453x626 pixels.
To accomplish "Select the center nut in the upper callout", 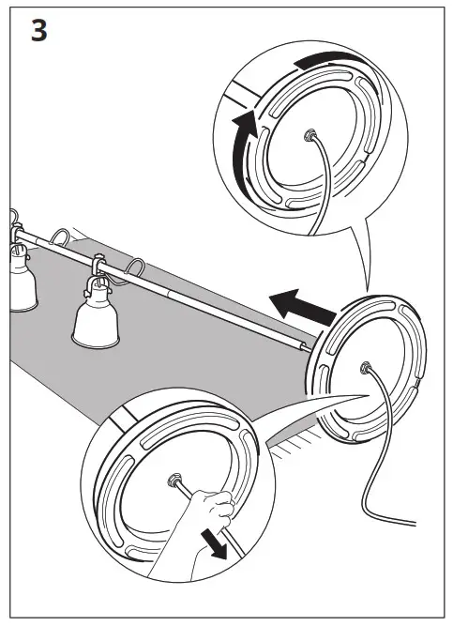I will coord(309,137).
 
